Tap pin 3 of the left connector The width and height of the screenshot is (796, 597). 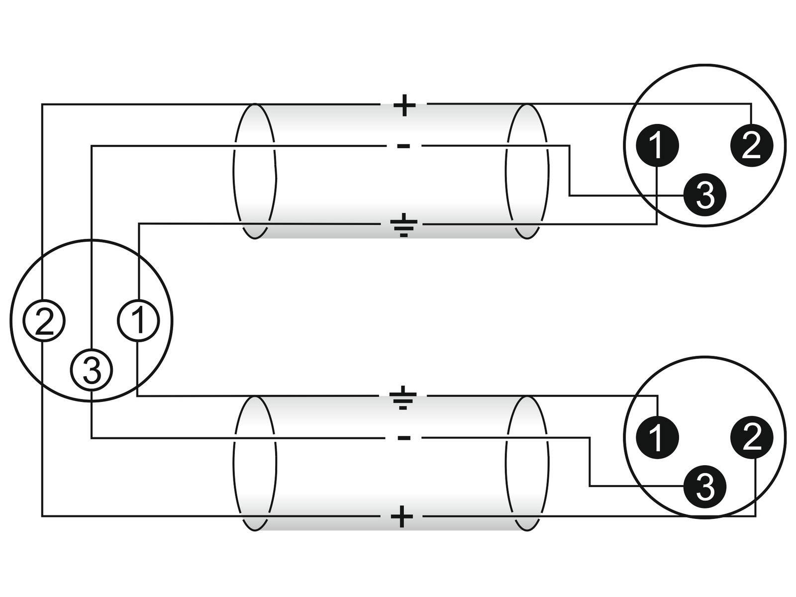(92, 370)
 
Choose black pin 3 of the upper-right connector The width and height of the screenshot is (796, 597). (704, 195)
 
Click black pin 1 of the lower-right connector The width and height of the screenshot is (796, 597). (657, 437)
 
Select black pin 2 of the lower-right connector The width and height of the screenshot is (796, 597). (751, 437)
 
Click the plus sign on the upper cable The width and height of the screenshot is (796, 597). (404, 105)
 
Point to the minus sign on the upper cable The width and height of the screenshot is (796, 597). (403, 146)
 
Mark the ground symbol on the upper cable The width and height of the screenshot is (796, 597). (403, 225)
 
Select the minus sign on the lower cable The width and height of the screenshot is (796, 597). (403, 438)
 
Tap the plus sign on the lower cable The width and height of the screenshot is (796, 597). (402, 517)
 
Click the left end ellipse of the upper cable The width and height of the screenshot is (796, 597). (254, 171)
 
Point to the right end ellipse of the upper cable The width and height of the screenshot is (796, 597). (527, 171)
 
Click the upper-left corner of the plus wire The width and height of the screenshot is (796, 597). (42, 104)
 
